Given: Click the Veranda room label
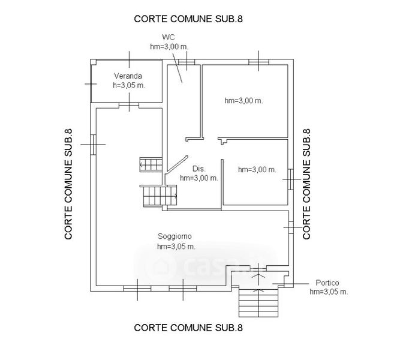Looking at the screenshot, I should click(129, 76).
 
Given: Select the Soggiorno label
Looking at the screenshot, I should click(175, 236).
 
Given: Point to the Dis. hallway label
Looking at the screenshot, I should click(199, 169).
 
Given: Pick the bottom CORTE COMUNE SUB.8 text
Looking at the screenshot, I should click(188, 328).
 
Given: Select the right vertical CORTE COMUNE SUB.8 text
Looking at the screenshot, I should click(307, 184).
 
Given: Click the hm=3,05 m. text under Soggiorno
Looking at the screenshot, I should click(176, 246).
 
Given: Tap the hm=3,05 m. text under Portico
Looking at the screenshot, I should click(329, 292).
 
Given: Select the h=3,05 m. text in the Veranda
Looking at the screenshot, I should click(129, 85).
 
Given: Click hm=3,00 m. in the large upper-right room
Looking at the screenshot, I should click(243, 100).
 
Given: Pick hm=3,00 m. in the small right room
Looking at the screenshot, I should click(257, 170).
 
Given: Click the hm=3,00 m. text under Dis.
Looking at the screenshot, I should click(199, 178).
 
